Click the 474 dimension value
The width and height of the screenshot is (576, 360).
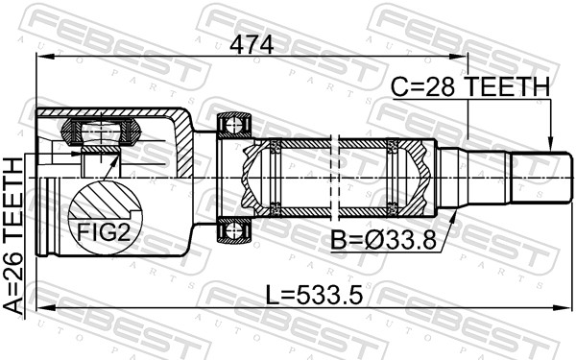(252, 45)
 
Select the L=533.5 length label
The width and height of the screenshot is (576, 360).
(314, 296)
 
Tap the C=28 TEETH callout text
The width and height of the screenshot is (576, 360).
(470, 86)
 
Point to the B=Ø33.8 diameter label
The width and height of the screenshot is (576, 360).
(383, 240)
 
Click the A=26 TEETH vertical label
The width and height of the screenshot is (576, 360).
(13, 236)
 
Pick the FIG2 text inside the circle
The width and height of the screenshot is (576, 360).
(104, 232)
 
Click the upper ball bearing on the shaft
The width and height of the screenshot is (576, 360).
(234, 126)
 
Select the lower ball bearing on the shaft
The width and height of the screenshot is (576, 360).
(234, 230)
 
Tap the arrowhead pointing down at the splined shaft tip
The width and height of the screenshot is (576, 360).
(550, 144)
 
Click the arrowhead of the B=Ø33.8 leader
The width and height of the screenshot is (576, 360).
(452, 219)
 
